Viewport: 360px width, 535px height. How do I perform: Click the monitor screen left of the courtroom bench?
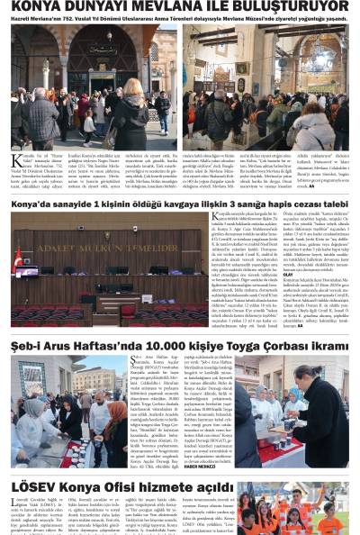point(27,270)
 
